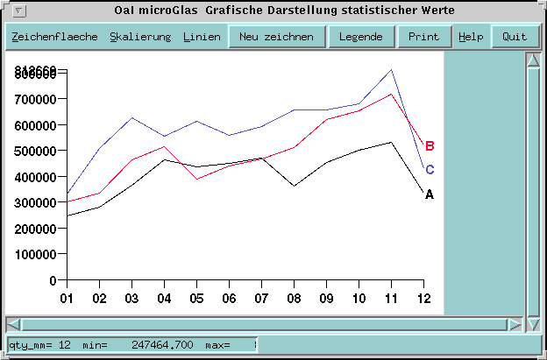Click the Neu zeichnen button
[x=276, y=37]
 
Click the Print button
[x=423, y=37]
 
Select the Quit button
[x=515, y=37]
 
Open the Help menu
[x=471, y=37]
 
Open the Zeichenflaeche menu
[x=54, y=38]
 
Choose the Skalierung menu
[x=140, y=38]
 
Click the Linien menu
[x=202, y=38]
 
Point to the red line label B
[x=430, y=146]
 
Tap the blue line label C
[x=430, y=170]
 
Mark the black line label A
[x=430, y=194]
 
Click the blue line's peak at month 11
[x=391, y=70]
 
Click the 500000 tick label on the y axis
[x=37, y=151]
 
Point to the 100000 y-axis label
[x=37, y=254]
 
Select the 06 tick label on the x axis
[x=229, y=299]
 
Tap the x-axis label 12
[x=423, y=299]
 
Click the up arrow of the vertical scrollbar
[x=531, y=61]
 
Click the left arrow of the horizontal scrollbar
[x=13, y=324]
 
